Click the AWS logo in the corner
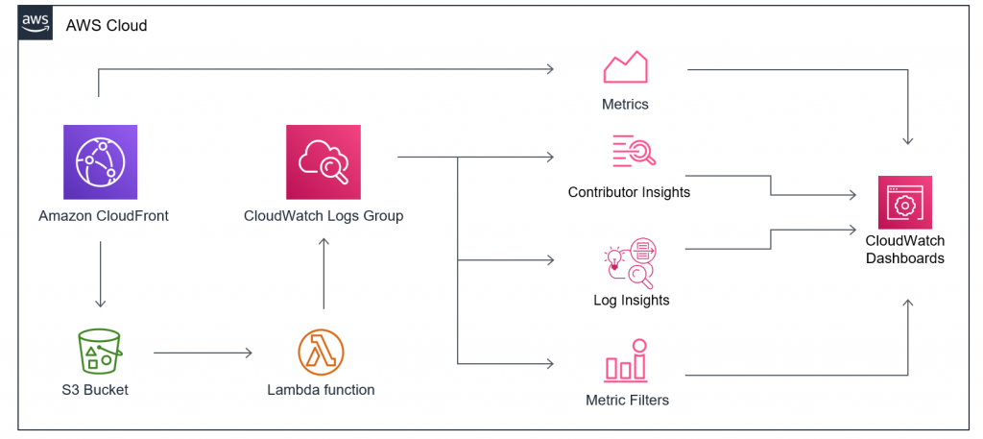point(36,23)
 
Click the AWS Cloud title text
point(106,26)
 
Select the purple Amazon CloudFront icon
point(100,162)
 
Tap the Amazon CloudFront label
point(104,216)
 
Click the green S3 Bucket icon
point(99,352)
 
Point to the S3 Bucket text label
point(95,390)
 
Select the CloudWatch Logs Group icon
point(323,162)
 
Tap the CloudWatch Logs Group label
point(324,216)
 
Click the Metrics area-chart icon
point(625,68)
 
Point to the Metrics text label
point(625,104)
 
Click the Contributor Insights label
point(629,192)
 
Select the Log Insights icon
point(630,262)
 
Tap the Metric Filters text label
point(627,400)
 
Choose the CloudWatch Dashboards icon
point(904,203)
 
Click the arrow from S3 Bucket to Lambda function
point(203,353)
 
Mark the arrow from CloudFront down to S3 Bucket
point(99,276)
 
